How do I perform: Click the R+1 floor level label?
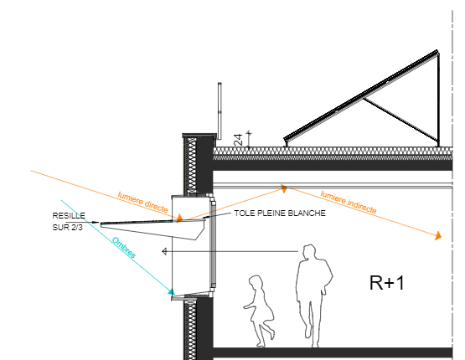387,283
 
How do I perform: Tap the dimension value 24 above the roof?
238,140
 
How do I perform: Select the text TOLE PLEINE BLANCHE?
280,213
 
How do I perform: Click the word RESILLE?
69,215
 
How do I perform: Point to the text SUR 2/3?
67,227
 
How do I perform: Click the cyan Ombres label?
124,248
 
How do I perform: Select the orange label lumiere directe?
143,202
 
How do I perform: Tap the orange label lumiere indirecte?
349,202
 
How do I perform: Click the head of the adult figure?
309,252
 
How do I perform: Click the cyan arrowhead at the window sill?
172,292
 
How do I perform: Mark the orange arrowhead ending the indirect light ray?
438,236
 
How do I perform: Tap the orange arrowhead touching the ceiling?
284,188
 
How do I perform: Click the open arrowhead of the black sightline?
164,251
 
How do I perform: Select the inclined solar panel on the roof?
361,95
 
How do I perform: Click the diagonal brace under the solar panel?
400,120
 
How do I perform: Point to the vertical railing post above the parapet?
220,111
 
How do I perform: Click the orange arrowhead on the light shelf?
179,219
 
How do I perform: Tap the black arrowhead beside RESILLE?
96,222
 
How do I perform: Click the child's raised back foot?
271,334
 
